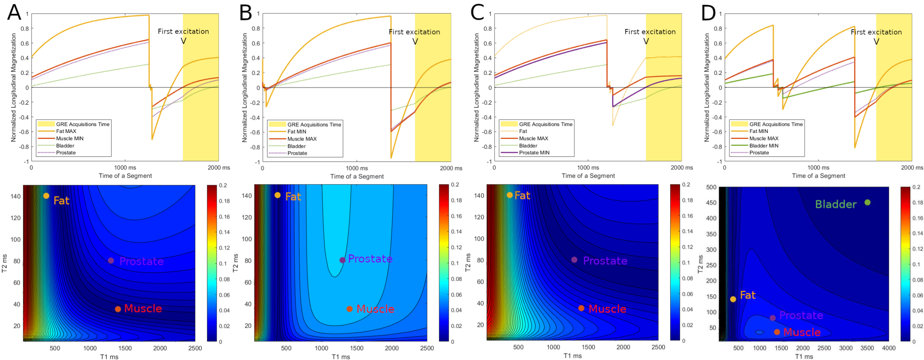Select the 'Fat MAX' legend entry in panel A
point(66,131)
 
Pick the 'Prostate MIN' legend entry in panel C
point(534,153)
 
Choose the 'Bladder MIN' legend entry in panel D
point(764,145)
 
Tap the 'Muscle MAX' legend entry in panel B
point(302,139)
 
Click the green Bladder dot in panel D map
point(867,202)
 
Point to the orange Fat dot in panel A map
point(46,196)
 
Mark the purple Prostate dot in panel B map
point(342,260)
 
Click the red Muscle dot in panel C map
point(581,308)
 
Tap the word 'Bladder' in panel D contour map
point(836,204)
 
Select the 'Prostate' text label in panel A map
point(141,261)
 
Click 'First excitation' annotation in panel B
point(414,32)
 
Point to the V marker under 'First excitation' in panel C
point(646,41)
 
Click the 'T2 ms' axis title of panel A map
point(5,263)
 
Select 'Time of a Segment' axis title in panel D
point(818,176)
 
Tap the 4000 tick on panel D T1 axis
point(889,348)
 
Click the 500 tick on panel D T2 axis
point(711,187)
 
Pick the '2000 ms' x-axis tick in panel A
point(219,168)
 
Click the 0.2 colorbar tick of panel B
point(455,185)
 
